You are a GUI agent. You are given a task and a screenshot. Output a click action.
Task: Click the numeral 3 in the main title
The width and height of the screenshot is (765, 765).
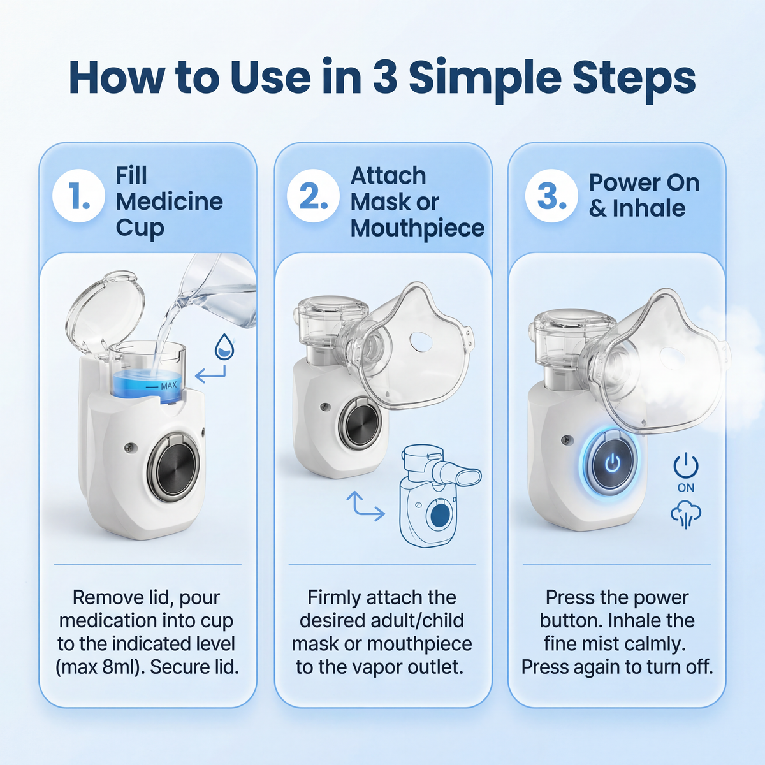click(385, 78)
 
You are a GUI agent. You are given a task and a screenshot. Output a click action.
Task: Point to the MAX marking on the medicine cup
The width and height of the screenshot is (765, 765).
click(168, 386)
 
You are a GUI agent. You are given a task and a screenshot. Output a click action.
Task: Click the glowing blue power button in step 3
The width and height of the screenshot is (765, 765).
click(612, 463)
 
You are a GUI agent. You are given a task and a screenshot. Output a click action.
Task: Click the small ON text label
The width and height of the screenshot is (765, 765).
click(686, 488)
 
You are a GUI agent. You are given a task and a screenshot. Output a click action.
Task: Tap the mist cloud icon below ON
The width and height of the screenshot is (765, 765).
click(686, 514)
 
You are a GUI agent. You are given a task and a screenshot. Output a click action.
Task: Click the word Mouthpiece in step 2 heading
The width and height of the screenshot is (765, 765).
click(418, 228)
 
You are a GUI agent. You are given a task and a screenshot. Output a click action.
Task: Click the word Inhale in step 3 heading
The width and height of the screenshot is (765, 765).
click(648, 208)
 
